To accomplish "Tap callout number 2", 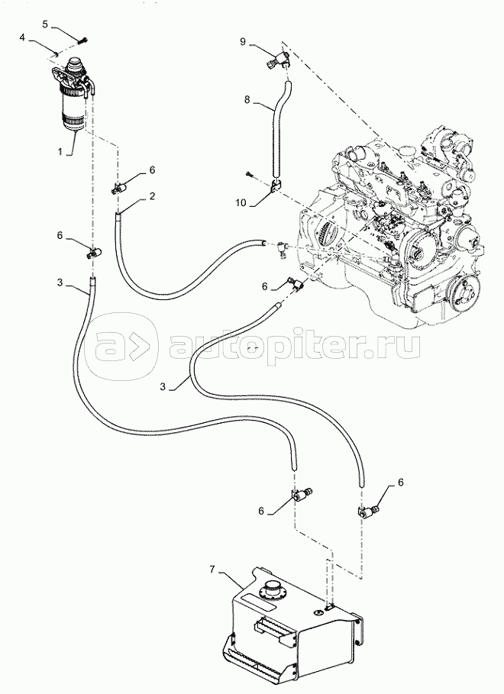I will (x=153, y=197).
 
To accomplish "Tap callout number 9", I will (x=243, y=43).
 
